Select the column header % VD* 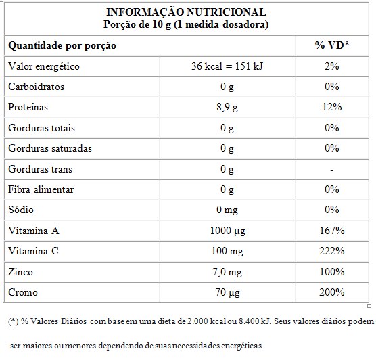[332, 46]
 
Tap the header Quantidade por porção [62, 46]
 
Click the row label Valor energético [43, 66]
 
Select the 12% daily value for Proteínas [332, 107]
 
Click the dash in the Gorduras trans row [332, 169]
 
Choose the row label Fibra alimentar [40, 189]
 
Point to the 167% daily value [332, 231]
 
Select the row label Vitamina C [32, 251]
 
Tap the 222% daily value [332, 251]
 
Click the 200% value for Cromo [332, 292]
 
